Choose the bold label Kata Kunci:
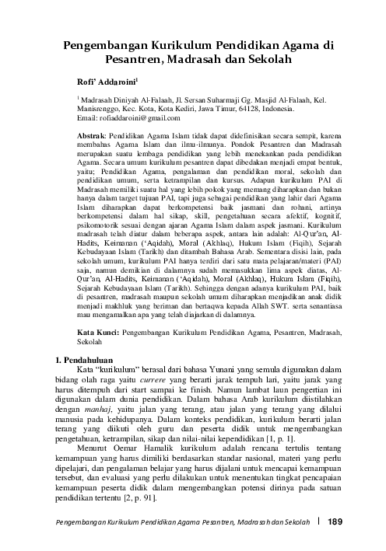[x=100, y=333]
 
